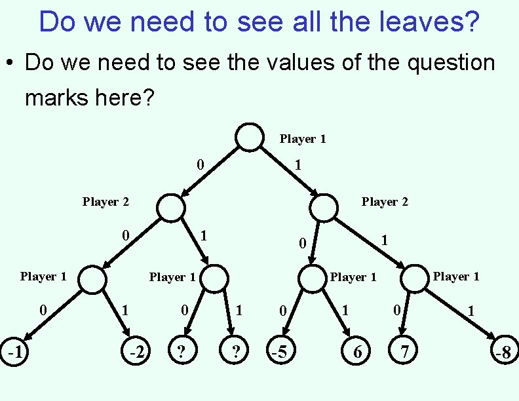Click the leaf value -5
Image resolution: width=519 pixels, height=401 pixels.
(279, 352)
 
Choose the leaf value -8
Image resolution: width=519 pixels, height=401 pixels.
(503, 353)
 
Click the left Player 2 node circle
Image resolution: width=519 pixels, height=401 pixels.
(171, 208)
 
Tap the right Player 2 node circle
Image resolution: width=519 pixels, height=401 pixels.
(323, 208)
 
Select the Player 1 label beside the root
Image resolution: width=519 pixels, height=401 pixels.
(303, 139)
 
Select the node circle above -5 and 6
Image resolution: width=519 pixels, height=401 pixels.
(313, 279)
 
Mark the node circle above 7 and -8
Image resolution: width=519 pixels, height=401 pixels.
(414, 279)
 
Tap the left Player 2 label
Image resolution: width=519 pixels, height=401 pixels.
(106, 202)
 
